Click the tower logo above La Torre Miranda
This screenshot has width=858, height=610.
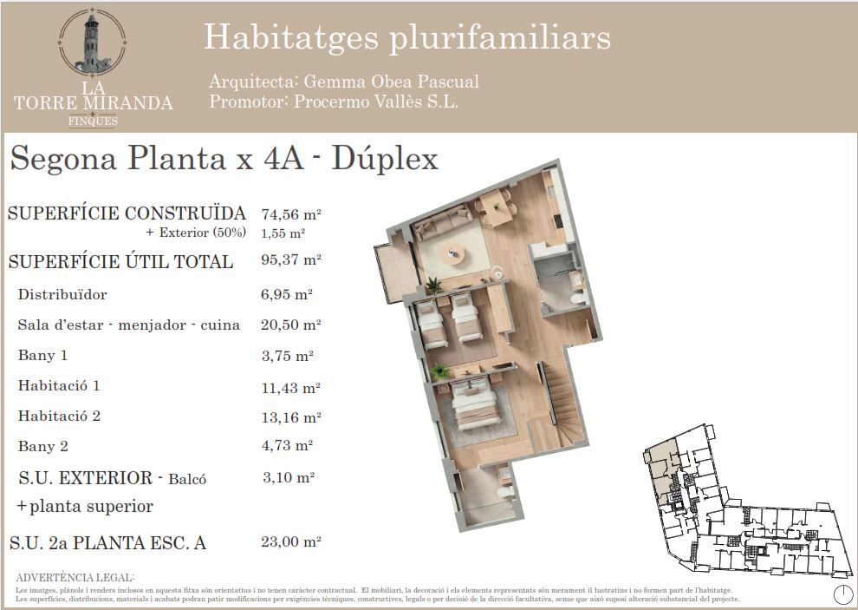click(93, 43)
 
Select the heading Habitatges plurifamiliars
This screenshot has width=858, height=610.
click(406, 37)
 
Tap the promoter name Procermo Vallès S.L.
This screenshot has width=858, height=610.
click(376, 102)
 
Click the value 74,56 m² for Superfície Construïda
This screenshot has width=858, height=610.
click(291, 213)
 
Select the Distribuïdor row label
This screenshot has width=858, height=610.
click(62, 295)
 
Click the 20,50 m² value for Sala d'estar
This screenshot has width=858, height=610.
click(291, 325)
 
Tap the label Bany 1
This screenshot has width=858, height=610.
click(42, 355)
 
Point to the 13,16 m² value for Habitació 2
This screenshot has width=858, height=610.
click(291, 417)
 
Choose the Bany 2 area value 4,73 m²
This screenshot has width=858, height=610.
click(287, 446)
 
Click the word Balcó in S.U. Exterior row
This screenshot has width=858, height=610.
click(187, 479)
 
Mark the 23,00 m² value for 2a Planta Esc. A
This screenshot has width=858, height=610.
click(291, 542)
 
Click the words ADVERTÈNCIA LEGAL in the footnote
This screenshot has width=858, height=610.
click(75, 577)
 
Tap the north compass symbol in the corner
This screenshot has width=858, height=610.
click(842, 594)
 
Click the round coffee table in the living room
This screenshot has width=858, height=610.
click(452, 253)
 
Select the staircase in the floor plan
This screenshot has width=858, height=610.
click(562, 399)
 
